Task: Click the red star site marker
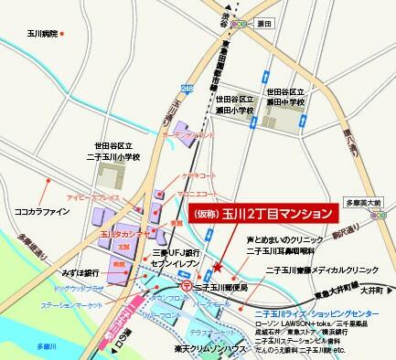(x=216, y=267)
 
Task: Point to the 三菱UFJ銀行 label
(x=174, y=254)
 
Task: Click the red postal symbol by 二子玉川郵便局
(x=186, y=285)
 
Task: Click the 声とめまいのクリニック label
(x=281, y=240)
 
